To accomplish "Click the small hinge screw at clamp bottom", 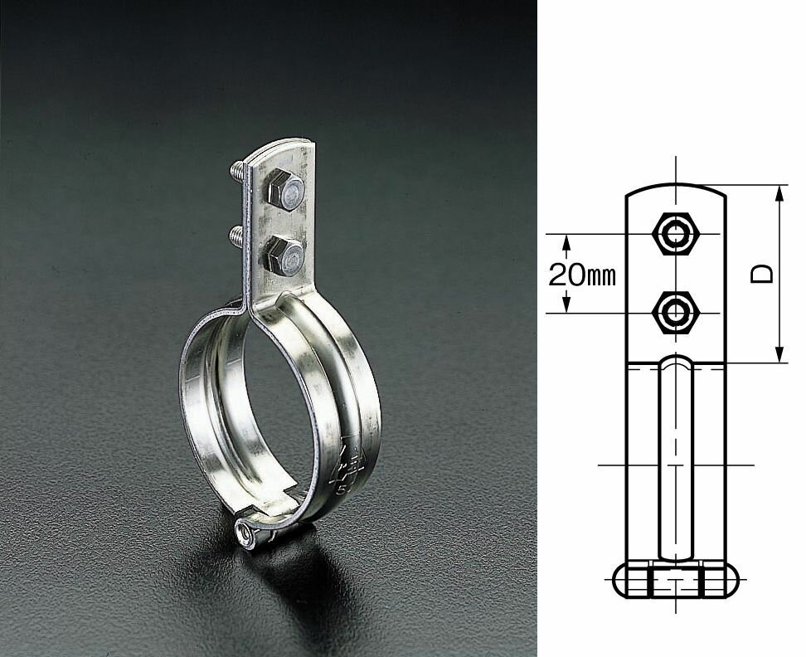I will coord(246,532).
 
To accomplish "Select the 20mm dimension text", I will coord(582,275).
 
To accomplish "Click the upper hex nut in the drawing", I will coord(677,234).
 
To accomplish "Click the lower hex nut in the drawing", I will coord(677,313).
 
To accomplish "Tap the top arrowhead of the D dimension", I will coord(780,192).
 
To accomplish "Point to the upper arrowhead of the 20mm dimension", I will coord(566,241).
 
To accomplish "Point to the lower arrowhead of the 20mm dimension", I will coord(566,306).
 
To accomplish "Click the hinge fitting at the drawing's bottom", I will coord(677,582).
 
